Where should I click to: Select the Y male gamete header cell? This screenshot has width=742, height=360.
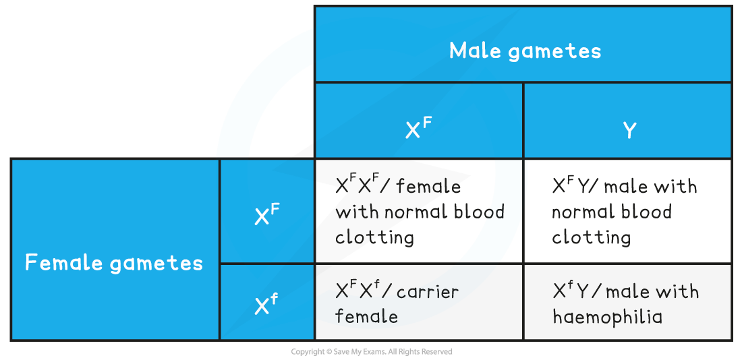click(x=629, y=130)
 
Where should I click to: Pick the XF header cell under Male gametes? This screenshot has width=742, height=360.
click(x=418, y=129)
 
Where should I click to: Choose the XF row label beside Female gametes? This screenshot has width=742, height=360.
click(x=266, y=215)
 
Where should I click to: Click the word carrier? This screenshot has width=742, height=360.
click(x=428, y=292)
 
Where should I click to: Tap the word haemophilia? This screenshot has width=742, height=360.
click(x=607, y=316)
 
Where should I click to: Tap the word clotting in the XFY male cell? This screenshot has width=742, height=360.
click(x=591, y=237)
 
